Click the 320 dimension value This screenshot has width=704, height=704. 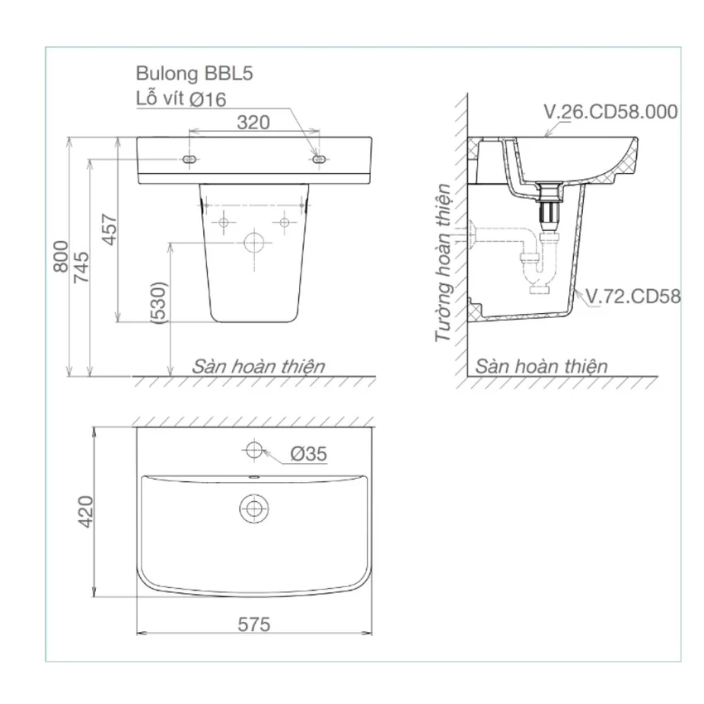pos(253,122)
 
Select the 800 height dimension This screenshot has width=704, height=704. pos(61,257)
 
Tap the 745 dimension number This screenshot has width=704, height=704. pos(81,268)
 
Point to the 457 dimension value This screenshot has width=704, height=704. pos(109,229)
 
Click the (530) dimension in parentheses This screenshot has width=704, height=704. pos(160,302)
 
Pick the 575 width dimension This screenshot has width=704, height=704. pos(254,624)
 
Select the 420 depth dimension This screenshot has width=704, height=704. pos(85,512)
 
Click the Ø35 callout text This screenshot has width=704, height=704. pos(308,454)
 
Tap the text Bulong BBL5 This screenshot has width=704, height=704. pos(195,73)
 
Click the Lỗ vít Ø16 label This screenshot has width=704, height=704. pos(181,99)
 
